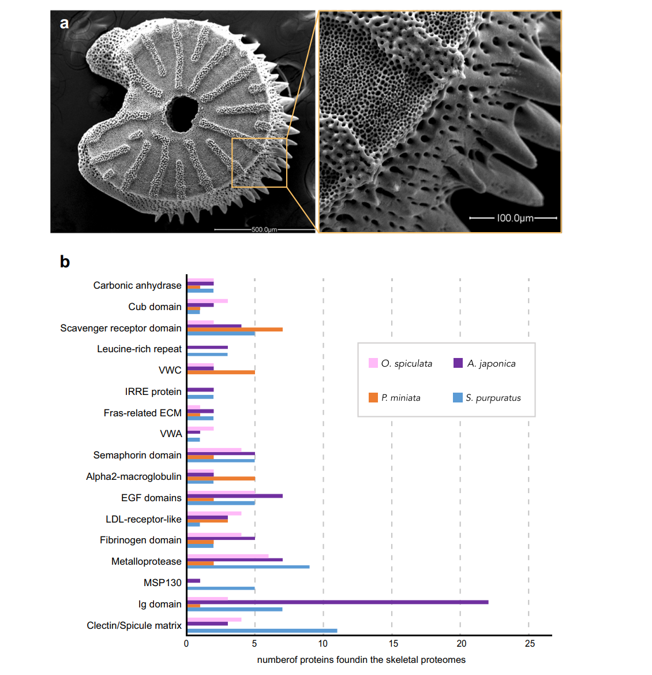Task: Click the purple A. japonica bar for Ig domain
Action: click(x=338, y=602)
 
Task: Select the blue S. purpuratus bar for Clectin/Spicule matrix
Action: click(x=262, y=631)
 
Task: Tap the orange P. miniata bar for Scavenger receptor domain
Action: click(x=235, y=329)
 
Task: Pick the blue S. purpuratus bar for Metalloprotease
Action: click(x=248, y=566)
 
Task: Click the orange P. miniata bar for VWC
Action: click(x=221, y=372)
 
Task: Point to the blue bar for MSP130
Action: click(x=221, y=588)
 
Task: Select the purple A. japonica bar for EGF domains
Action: click(x=235, y=495)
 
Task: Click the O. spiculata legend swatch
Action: click(x=373, y=363)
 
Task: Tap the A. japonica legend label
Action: click(x=491, y=364)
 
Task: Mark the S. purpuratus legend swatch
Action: click(x=458, y=398)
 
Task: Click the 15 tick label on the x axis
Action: click(x=393, y=644)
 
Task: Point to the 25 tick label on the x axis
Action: click(x=530, y=644)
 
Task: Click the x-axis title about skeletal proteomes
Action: click(x=361, y=660)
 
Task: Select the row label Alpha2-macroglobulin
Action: click(x=134, y=477)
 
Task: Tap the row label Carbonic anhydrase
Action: click(x=137, y=286)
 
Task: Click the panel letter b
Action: click(x=65, y=262)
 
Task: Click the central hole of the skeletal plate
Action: click(x=182, y=112)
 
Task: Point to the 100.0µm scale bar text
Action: click(x=515, y=218)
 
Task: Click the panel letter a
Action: click(x=64, y=23)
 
